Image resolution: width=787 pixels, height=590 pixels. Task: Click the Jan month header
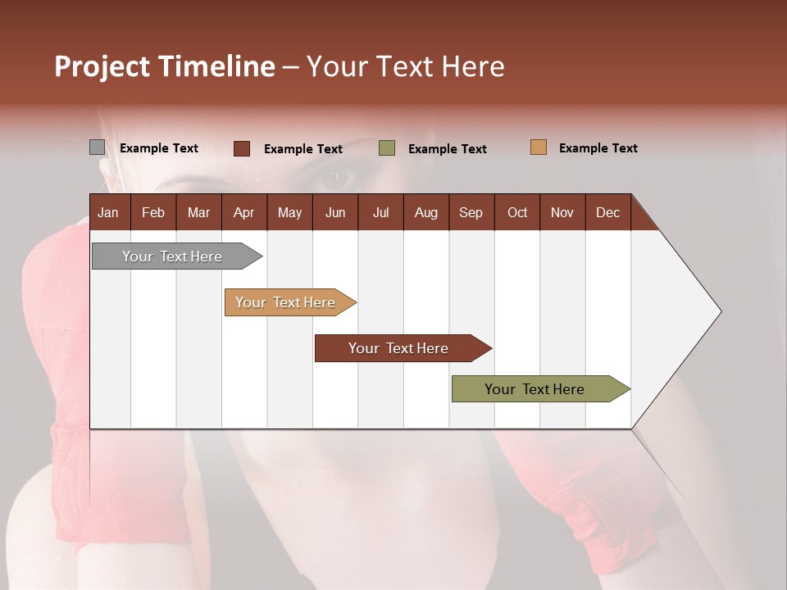coord(109,212)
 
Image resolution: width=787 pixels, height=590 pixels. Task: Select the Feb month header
coord(153,212)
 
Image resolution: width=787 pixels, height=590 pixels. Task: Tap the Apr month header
coord(244,212)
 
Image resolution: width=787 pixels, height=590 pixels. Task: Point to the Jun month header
coord(335,212)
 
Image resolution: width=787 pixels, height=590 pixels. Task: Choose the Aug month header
coord(426,212)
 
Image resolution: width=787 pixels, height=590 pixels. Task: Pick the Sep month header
coord(471,212)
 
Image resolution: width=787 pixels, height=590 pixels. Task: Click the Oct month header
coord(517,212)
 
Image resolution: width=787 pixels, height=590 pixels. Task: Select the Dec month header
coord(608,212)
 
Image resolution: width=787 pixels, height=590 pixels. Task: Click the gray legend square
coord(98,147)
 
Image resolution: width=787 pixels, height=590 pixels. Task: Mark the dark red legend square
coord(242,148)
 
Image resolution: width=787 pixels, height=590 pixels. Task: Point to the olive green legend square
coord(387,148)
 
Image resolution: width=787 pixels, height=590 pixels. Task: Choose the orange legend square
coord(539,147)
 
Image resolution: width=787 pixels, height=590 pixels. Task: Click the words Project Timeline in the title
coord(165,66)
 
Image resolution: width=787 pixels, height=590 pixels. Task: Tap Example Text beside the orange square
coord(598,148)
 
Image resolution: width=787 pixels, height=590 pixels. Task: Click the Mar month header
coord(198,212)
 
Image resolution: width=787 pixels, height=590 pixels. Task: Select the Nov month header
coord(562,212)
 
